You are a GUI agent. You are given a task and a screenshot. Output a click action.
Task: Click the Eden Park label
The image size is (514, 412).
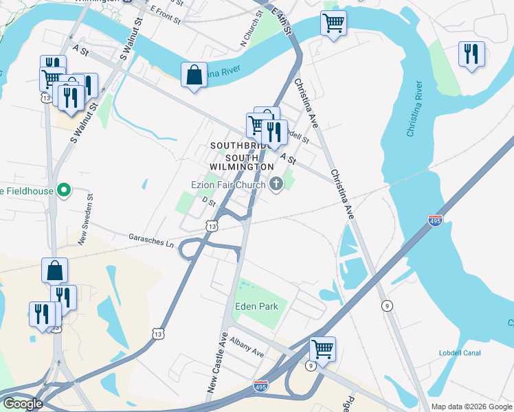257,306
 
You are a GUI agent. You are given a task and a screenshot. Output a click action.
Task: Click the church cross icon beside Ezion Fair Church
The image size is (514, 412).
276,183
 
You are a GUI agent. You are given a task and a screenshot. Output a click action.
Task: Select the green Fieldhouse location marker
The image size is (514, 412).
64,190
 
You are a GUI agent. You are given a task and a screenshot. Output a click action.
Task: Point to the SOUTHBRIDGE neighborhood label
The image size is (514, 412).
237,146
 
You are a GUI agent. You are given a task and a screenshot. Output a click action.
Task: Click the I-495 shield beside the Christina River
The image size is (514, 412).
435,220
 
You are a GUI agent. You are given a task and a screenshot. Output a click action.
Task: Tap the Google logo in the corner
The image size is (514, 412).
22,404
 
